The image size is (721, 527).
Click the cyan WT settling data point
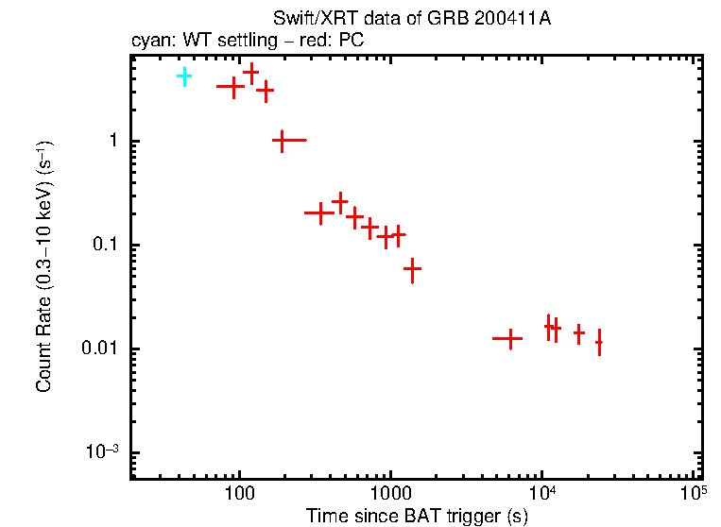[184, 76]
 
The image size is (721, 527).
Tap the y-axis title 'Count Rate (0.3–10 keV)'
[44, 266]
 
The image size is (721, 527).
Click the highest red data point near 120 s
[251, 72]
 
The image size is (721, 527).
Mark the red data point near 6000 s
[510, 337]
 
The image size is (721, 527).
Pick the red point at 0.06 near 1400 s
[412, 269]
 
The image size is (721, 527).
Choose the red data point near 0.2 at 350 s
[320, 212]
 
